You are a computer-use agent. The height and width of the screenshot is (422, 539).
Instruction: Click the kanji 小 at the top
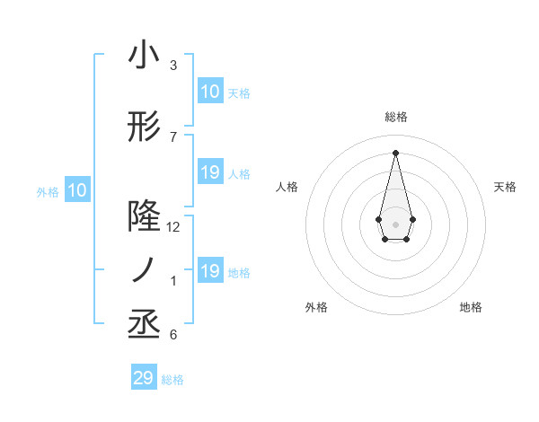(144, 56)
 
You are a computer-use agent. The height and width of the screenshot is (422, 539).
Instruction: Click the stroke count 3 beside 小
(173, 66)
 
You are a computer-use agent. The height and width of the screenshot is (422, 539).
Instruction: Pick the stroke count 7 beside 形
(173, 137)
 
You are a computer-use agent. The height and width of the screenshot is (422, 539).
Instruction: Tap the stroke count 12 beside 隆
(173, 227)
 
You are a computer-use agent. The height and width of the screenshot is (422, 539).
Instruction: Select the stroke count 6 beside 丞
(173, 335)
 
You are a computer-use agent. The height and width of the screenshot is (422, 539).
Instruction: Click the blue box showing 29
(144, 378)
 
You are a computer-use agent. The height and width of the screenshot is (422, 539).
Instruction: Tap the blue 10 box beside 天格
(209, 91)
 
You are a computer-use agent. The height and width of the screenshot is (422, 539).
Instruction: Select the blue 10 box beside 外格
(77, 189)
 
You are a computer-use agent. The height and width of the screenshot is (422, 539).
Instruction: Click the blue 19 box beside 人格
(209, 172)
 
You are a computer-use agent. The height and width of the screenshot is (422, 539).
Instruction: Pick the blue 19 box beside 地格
(209, 271)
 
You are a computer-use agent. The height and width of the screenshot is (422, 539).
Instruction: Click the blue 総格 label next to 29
(172, 380)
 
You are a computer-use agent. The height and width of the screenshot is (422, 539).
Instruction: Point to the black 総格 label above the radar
(396, 117)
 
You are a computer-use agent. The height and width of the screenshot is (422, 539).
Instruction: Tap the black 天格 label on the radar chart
(506, 187)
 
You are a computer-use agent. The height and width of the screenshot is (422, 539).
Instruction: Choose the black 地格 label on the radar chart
(471, 307)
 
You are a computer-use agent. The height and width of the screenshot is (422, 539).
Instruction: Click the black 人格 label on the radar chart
(287, 187)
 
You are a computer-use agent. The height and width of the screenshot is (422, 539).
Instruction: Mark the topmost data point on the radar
(395, 153)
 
